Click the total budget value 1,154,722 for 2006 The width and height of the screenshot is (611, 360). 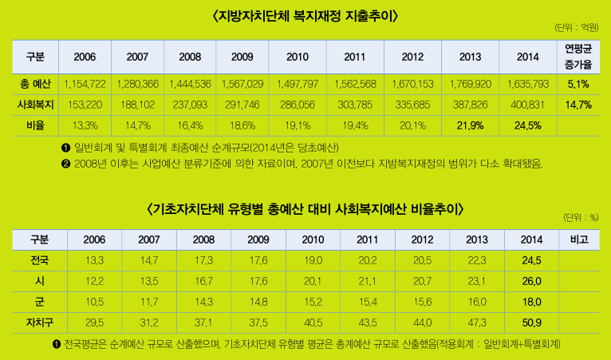85,84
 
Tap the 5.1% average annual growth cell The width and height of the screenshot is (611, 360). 577,84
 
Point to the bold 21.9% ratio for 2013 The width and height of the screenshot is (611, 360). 471,125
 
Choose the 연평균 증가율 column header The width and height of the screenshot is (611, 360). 577,56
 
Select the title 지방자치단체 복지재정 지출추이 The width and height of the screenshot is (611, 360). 305,16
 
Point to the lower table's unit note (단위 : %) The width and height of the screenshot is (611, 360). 580,217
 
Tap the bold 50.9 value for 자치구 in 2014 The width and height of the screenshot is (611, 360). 531,322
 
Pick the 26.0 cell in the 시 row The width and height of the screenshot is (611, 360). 531,281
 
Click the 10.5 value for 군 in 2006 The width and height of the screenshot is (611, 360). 94,302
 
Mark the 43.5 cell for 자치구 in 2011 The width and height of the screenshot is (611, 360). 367,322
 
